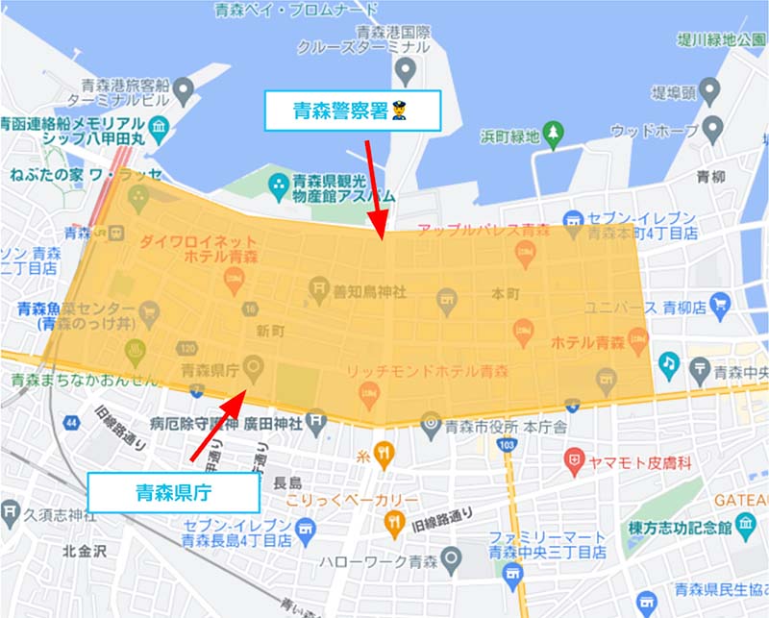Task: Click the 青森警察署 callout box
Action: pyautogui.click(x=352, y=111)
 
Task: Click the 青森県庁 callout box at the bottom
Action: pyautogui.click(x=173, y=493)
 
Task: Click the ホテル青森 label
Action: pyautogui.click(x=587, y=342)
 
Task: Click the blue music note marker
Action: pyautogui.click(x=668, y=363)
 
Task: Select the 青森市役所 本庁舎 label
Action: pyautogui.click(x=496, y=423)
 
